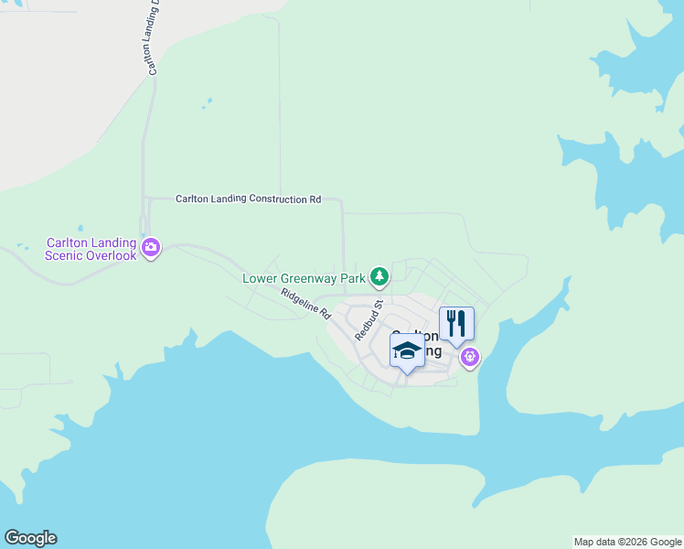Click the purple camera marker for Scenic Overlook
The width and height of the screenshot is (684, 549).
click(x=152, y=247)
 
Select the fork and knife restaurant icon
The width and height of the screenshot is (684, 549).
click(x=456, y=324)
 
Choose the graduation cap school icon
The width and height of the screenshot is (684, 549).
click(x=407, y=350)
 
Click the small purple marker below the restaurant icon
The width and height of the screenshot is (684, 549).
click(x=470, y=357)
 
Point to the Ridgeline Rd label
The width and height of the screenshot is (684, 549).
click(x=305, y=303)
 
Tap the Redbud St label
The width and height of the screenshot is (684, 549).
click(x=367, y=319)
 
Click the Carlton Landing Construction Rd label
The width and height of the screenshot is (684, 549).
click(x=248, y=199)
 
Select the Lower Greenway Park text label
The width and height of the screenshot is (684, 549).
click(x=303, y=278)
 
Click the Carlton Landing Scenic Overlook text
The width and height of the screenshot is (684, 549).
click(x=91, y=249)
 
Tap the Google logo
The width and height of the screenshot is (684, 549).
click(x=30, y=538)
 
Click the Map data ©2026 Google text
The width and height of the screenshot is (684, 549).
click(x=626, y=542)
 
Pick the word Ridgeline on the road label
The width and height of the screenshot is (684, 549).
click(x=299, y=299)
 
